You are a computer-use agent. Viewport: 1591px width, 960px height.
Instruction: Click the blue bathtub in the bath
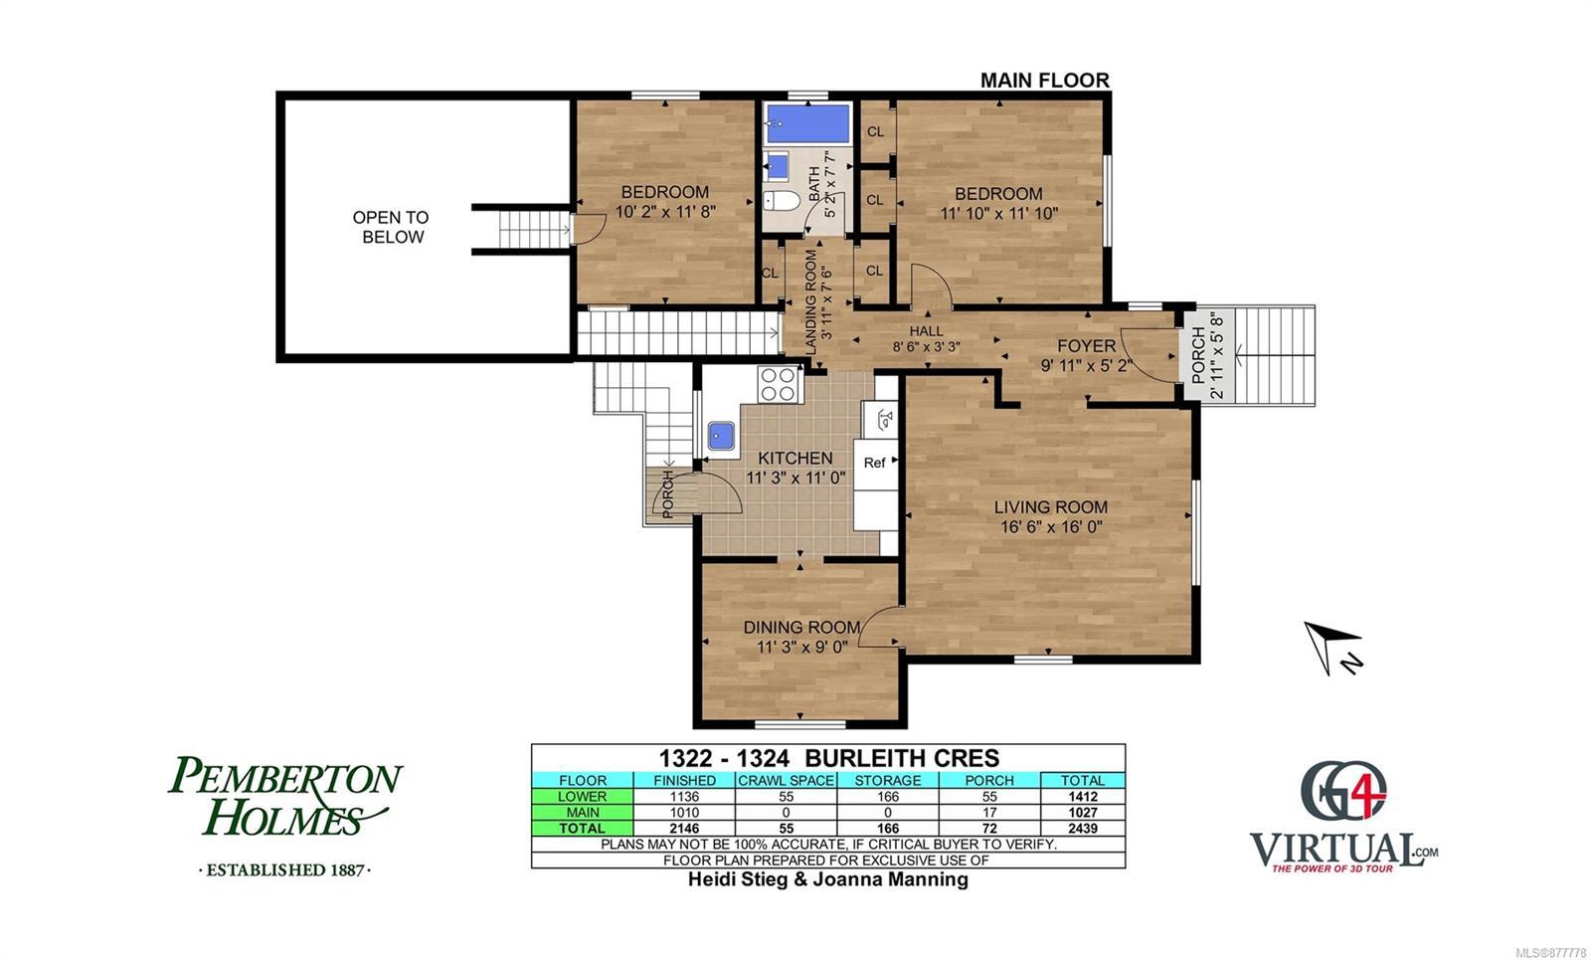coord(807,123)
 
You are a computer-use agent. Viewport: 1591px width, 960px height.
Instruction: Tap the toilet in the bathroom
coord(781,200)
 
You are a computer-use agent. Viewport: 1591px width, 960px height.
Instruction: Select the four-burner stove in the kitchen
coord(779,384)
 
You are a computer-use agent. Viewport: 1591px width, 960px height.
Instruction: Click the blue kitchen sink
coord(722,435)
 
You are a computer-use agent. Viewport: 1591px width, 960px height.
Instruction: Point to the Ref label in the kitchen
coord(874,463)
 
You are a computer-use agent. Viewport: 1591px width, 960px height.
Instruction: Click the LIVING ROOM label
coord(1050,507)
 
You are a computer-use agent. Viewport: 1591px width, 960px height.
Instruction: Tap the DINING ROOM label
coord(801,628)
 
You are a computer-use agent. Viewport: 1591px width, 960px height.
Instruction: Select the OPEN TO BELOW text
coord(392,228)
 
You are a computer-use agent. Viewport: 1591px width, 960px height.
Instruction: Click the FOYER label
coord(1086,346)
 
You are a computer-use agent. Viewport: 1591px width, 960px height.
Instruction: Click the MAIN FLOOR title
coord(1045,81)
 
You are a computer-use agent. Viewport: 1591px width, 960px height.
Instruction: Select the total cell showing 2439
coord(1083,828)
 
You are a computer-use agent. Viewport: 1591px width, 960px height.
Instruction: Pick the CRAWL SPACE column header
coord(786,780)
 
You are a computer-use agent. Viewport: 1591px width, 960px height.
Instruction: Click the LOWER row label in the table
coord(583,797)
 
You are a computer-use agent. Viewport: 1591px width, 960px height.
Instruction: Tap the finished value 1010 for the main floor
coord(684,812)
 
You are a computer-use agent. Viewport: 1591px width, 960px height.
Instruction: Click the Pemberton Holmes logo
coord(285,815)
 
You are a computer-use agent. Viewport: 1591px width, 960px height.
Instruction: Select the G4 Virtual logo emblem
coord(1343,791)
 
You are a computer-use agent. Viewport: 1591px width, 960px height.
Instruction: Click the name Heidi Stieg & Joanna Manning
coord(828,879)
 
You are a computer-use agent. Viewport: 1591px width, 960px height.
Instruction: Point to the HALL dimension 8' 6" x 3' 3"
coord(926,347)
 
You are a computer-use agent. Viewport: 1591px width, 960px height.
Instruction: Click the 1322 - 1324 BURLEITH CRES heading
coord(829,758)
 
